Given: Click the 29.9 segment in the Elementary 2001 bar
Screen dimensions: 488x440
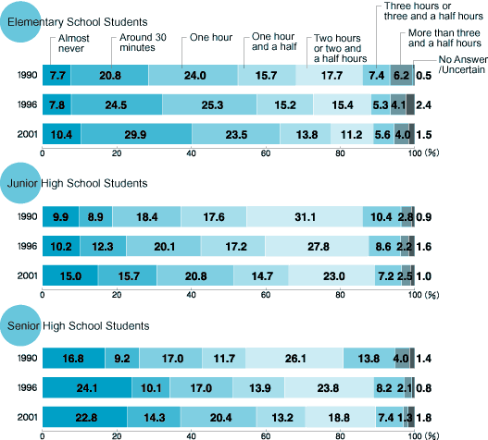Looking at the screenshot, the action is pos(136,134).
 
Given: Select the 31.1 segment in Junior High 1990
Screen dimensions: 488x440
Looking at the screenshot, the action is pos(305,216).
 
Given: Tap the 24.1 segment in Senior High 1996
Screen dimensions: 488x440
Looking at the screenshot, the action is pos(87,387).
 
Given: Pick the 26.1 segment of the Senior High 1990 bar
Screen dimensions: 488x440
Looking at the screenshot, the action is pos(294,358).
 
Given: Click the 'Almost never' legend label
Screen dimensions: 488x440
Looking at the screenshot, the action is pos(74,43).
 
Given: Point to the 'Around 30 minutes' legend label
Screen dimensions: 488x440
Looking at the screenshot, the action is pos(143,43).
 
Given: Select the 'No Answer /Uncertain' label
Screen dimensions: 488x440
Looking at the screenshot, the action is pos(463,65).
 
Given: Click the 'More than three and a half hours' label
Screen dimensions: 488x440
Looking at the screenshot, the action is pos(444,38).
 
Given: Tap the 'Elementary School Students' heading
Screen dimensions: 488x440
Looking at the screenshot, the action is pos(78,22).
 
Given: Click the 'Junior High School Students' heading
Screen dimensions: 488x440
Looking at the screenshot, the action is pos(78,183).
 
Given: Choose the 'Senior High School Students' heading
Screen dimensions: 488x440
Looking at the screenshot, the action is pos(79,325).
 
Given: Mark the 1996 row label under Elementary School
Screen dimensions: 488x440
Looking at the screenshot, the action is pos(28,104).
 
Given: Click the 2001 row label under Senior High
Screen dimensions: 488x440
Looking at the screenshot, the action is pos(28,417).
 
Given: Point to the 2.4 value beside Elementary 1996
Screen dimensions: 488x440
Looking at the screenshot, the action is pos(423,105).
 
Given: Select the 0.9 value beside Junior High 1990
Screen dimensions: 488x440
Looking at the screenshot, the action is pos(423,217).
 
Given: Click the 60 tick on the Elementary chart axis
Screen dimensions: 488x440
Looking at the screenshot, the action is pos(266,153).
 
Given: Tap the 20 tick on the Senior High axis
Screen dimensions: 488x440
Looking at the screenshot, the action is pos(117,436).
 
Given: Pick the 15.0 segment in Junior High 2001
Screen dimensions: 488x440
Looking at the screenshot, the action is pos(70,275).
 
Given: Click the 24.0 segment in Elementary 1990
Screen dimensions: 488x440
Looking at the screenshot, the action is pos(194,75).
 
